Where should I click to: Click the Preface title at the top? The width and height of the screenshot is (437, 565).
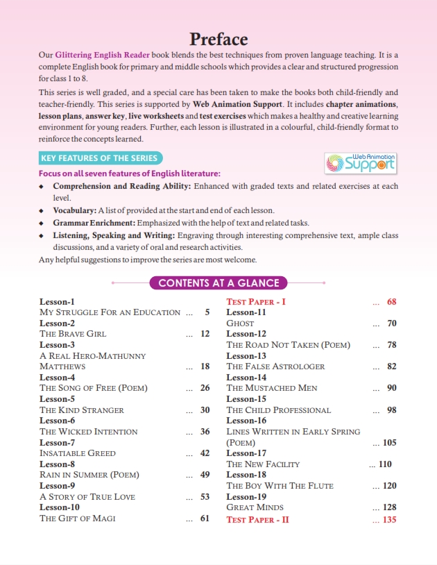coord(218,39)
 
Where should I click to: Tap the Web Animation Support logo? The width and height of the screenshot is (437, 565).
coord(360,162)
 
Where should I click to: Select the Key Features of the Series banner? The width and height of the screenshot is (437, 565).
coord(99,158)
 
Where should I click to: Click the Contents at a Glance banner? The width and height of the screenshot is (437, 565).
coord(218,282)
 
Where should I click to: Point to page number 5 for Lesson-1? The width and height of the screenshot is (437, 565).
coord(207,312)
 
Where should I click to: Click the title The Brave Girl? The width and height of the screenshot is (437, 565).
coord(73,334)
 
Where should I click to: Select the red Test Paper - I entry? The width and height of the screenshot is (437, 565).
coord(256,302)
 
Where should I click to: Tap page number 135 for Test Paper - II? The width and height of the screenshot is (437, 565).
coord(389,519)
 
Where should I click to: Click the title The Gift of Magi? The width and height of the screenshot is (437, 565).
coord(78,518)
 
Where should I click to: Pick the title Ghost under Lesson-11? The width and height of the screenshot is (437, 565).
coord(240,323)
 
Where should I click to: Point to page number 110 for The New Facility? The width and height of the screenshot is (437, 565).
coord(386,464)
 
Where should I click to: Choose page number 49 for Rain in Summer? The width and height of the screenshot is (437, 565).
coord(205,475)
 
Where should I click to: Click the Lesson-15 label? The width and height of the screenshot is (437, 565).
coord(246,399)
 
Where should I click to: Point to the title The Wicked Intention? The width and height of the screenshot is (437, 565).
coord(89,432)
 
